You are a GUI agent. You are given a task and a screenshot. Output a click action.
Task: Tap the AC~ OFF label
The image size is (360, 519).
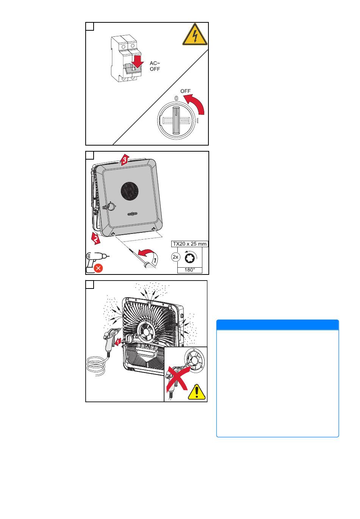pos(155,66)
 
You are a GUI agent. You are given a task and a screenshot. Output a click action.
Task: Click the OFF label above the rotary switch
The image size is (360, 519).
pos(185,91)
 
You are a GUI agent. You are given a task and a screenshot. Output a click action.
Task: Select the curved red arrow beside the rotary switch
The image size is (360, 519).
pos(195,104)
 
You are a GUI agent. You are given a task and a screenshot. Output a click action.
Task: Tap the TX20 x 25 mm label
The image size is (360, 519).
pos(189,244)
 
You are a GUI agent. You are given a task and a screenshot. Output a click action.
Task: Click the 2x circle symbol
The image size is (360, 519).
pos(175,257)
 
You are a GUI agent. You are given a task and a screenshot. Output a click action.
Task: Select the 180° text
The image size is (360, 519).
pos(189,270)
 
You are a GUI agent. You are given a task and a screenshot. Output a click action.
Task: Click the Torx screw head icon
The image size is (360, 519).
pos(189,257)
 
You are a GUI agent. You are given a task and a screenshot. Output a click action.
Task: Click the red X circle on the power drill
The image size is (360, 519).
pos(98,268)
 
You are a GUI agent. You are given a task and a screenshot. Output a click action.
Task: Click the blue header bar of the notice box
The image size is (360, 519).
pos(277,325)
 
